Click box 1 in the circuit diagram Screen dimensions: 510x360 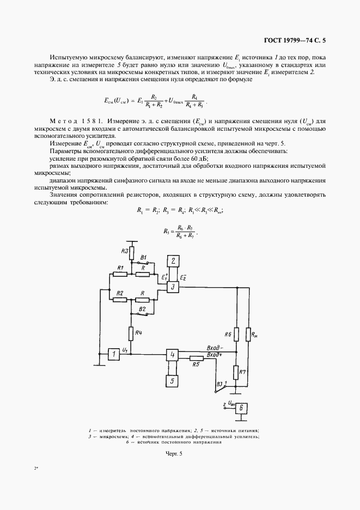click(x=114, y=355)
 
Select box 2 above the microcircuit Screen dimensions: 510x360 click(x=173, y=261)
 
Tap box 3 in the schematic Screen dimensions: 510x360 click(x=173, y=287)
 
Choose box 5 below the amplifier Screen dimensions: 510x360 click(x=173, y=381)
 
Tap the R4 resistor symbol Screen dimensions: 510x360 click(x=131, y=333)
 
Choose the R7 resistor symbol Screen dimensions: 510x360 click(x=236, y=373)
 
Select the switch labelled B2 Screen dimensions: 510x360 click(x=143, y=313)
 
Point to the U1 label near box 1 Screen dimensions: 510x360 click(x=125, y=350)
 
